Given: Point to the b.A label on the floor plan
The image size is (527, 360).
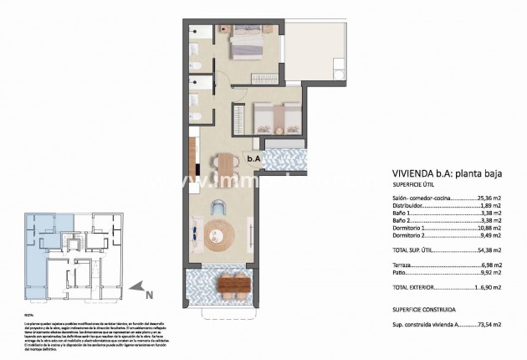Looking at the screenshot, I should [x=253, y=157].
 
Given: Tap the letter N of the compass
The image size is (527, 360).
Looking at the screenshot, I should [x=149, y=295].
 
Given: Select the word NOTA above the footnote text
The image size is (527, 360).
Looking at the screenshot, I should [x=29, y=316].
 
